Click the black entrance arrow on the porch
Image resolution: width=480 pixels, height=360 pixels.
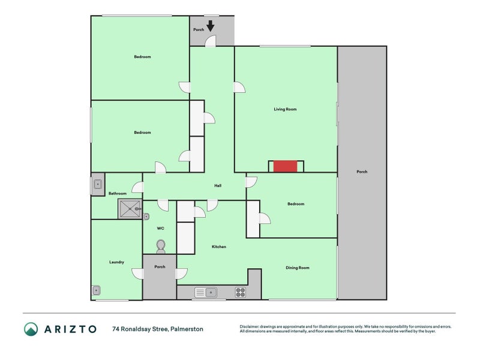(x=211, y=26)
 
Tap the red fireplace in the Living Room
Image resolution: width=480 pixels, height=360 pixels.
(x=285, y=166)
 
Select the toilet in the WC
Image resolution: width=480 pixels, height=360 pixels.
(x=161, y=247)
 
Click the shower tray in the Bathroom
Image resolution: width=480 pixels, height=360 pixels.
(x=130, y=209)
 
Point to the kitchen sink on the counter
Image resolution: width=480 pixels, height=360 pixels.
(x=206, y=292)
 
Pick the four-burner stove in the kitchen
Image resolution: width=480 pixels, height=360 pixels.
(x=241, y=292)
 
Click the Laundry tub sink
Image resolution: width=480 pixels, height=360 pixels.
(x=96, y=290)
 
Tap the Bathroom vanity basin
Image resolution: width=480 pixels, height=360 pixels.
(x=98, y=184)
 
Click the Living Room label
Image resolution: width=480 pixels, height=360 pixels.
(x=285, y=109)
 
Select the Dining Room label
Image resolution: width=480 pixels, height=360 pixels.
(x=297, y=268)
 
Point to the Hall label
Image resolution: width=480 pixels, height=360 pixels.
(x=218, y=185)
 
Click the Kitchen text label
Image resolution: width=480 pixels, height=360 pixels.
(x=219, y=247)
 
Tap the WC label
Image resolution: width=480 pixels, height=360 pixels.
(x=160, y=228)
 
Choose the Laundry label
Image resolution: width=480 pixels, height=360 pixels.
(x=116, y=262)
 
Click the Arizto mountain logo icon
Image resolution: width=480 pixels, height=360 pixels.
(x=31, y=329)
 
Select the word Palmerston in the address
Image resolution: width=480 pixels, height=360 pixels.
(x=187, y=329)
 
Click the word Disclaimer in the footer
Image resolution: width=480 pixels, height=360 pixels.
(x=250, y=326)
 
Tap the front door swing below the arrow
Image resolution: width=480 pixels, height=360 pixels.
(x=211, y=41)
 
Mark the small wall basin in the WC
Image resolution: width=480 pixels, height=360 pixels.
(x=146, y=217)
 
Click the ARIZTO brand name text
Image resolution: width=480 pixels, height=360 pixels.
(x=70, y=329)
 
